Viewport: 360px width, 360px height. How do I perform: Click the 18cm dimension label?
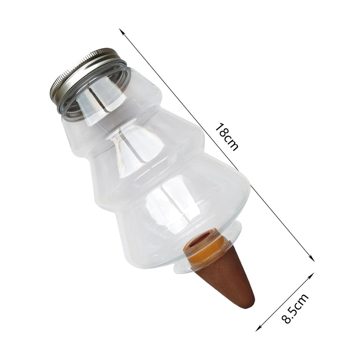coord(226,137)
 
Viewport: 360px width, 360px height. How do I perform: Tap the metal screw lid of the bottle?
coord(88,78)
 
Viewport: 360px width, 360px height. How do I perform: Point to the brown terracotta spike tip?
coord(250,303)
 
